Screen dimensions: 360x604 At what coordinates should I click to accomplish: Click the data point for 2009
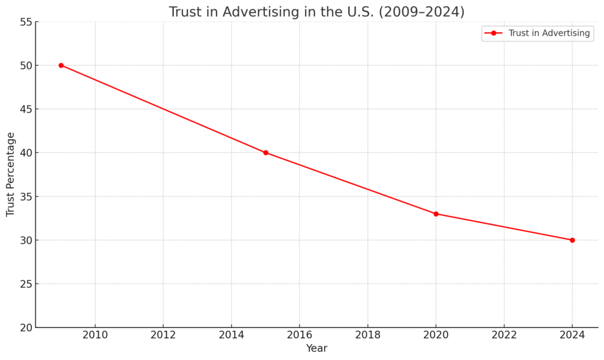click(61, 65)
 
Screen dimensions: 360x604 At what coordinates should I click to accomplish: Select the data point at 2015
click(265, 152)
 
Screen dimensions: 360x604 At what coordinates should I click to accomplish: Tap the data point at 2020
click(436, 214)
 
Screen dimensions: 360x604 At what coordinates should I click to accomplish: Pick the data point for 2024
click(572, 240)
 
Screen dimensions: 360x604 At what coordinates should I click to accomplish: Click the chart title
click(316, 12)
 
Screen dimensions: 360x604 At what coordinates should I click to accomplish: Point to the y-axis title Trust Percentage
click(11, 174)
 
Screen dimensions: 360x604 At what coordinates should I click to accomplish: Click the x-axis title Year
click(316, 348)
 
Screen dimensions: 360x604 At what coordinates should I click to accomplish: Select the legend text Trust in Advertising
click(549, 33)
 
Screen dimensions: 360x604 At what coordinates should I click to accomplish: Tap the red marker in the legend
click(494, 33)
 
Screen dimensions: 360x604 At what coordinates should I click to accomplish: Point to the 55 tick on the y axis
click(25, 22)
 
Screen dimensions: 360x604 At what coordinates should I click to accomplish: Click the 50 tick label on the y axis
click(25, 66)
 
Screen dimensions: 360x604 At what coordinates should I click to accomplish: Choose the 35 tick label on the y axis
click(25, 197)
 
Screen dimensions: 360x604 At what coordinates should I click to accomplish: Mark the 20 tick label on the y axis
click(25, 328)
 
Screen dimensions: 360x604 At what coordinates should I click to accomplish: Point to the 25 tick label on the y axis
click(25, 284)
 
